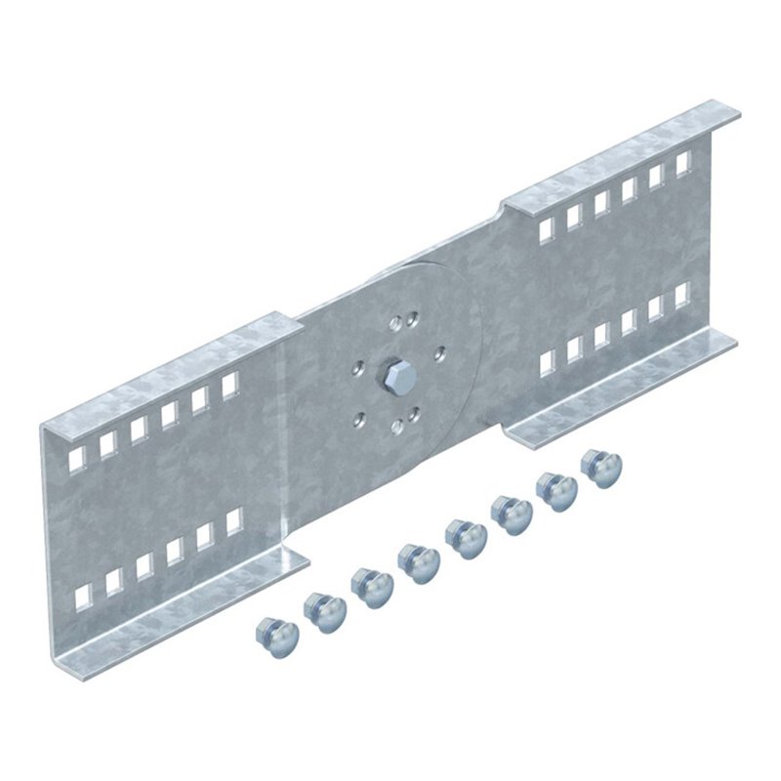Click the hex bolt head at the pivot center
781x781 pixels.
point(394,374)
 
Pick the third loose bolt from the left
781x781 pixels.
point(371,587)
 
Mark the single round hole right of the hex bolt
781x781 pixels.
point(437,351)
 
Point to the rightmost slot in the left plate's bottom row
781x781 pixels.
point(234,522)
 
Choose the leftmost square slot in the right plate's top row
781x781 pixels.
point(546,228)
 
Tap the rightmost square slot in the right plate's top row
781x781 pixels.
point(683,162)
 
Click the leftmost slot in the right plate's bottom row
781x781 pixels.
point(548,363)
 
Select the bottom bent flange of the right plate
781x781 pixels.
point(625,386)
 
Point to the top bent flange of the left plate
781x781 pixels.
point(166,376)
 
